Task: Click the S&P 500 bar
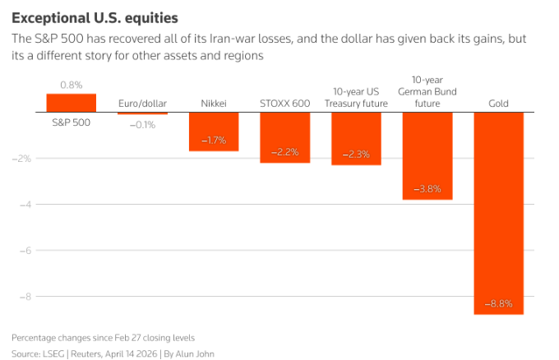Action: [x=72, y=103]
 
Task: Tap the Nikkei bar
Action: [x=214, y=132]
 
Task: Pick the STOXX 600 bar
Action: [x=284, y=137]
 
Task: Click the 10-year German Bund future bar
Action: [x=427, y=155]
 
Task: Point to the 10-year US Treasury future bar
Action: [x=356, y=138]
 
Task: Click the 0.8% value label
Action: [x=72, y=85]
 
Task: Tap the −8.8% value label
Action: [x=498, y=304]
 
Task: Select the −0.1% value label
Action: [x=142, y=124]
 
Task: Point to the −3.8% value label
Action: [x=427, y=189]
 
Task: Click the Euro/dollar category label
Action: [x=142, y=104]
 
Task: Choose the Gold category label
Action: [x=498, y=104]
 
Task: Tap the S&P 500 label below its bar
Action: [x=72, y=122]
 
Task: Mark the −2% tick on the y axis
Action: [x=24, y=159]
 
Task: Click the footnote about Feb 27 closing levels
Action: [x=104, y=338]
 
